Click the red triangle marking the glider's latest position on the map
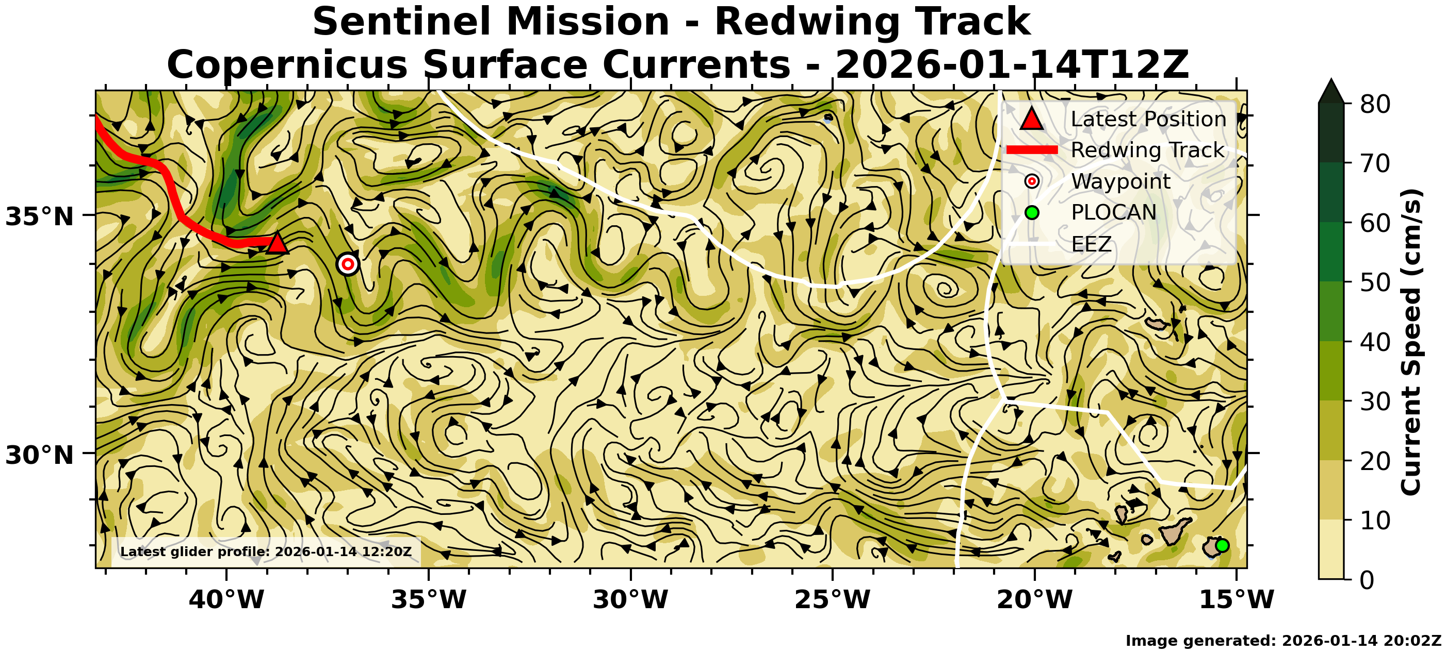coord(277,243)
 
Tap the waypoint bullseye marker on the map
coord(348,264)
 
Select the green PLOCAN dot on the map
coord(1222,545)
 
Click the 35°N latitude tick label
coord(39,216)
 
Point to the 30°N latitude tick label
coord(39,455)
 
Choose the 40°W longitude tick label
coord(226,600)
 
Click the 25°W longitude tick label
coord(833,600)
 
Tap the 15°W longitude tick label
coord(1237,600)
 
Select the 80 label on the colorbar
coord(1375,104)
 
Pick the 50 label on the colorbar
coord(1375,282)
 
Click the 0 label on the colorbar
coord(1367,579)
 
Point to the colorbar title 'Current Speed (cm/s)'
coord(1410,342)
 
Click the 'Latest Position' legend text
coord(1148,119)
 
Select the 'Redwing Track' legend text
coord(1147,150)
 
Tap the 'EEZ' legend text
coord(1091,244)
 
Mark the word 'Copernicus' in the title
coord(287,65)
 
